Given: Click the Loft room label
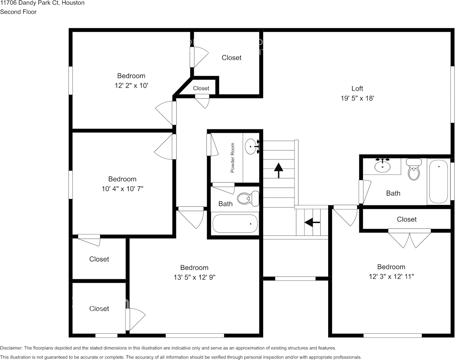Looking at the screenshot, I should tap(357, 89).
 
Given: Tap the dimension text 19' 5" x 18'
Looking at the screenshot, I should tap(357, 98).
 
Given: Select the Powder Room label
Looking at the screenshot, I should tap(233, 158).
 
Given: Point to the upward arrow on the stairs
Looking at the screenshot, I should tap(279, 170).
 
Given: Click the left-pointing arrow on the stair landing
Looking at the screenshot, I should tap(312, 221).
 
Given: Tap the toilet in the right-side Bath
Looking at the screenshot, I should tap(413, 170).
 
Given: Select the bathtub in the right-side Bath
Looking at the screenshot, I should tap(439, 181).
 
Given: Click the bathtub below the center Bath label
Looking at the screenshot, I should tap(235, 223).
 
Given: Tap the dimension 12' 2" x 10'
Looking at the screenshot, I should tap(131, 86).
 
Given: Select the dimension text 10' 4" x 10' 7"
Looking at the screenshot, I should tap(122, 188).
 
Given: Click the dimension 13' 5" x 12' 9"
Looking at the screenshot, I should tap(194, 277).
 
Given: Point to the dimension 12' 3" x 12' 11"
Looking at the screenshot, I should tap(391, 276).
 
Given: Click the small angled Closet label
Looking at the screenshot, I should tap(201, 88).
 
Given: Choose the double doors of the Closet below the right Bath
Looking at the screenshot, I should tap(409, 239).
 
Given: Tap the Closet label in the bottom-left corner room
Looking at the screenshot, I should tap(99, 309).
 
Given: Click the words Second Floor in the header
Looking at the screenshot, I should tap(18, 12).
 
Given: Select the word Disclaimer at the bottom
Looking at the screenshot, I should tap(11, 348).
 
